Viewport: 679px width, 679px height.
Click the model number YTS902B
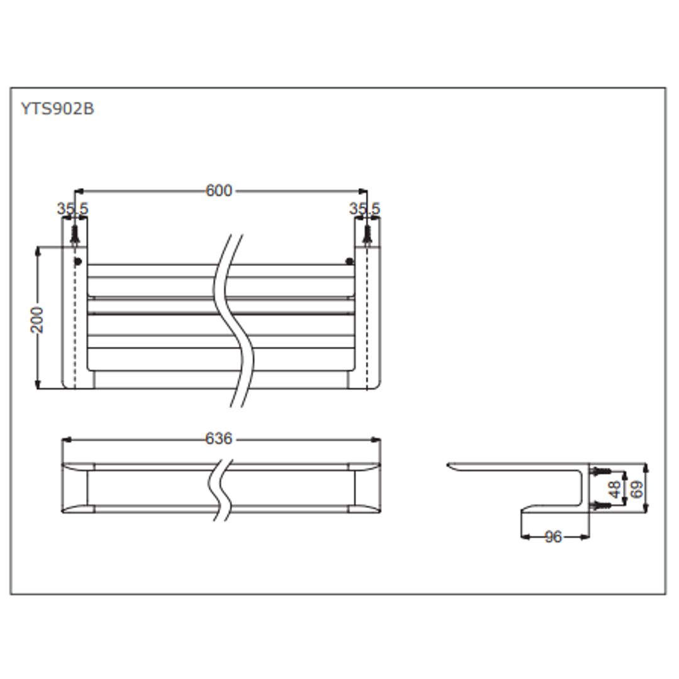click(x=57, y=109)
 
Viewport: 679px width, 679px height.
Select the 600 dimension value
click(x=219, y=190)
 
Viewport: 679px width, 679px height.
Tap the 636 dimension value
click(x=219, y=439)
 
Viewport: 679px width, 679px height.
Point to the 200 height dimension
click(x=38, y=319)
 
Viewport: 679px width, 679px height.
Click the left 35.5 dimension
click(x=73, y=209)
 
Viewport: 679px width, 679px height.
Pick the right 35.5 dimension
click(x=365, y=209)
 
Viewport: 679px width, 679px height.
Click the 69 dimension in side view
click(x=636, y=488)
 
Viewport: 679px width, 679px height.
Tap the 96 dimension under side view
click(x=553, y=537)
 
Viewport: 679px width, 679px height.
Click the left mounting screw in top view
click(x=75, y=235)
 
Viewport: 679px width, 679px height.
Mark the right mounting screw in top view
click(x=367, y=235)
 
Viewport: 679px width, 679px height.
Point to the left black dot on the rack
click(x=78, y=261)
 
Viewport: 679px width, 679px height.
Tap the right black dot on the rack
click(x=350, y=261)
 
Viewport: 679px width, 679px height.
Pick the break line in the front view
click(x=221, y=489)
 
